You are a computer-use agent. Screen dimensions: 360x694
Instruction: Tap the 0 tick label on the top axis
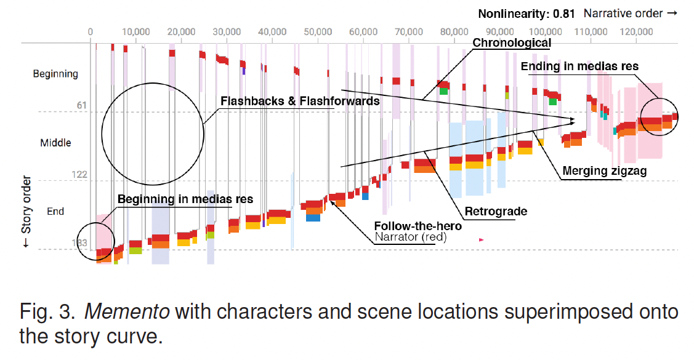point(91,31)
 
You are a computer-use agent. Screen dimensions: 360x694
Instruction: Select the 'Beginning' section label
point(55,74)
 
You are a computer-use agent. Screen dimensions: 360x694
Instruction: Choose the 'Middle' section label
point(55,143)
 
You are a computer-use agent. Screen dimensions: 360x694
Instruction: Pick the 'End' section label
point(55,212)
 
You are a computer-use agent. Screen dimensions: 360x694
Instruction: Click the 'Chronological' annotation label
point(512,42)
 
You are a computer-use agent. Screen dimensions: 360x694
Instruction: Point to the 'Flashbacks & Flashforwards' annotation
point(300,100)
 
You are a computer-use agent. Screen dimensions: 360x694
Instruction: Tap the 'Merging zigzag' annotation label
point(605,172)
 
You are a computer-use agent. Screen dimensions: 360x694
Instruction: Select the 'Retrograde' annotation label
point(496,212)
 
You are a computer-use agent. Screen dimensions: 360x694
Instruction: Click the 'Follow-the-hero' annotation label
point(418,226)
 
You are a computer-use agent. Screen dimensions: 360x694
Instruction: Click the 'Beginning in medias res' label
point(185,199)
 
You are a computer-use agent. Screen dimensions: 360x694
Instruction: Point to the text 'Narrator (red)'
point(410,237)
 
